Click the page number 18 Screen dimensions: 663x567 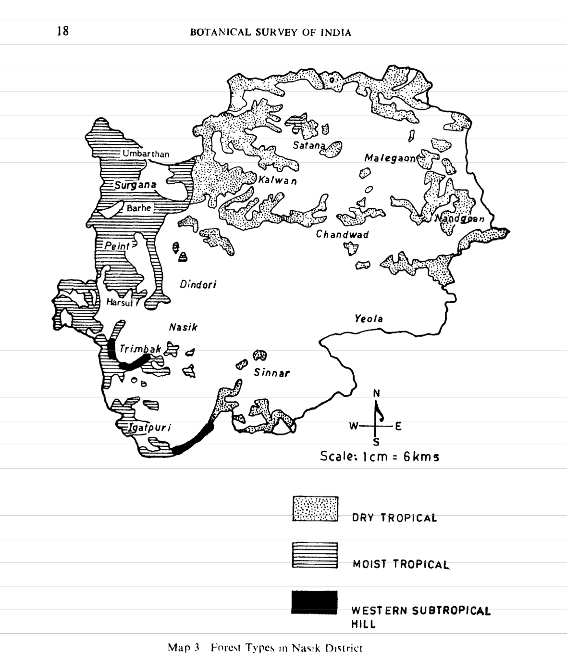click(63, 32)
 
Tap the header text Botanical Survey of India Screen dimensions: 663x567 click(271, 33)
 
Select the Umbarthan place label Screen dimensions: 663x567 click(146, 154)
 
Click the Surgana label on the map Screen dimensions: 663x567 click(135, 185)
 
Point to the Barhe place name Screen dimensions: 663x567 click(139, 208)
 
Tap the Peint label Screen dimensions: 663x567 click(117, 246)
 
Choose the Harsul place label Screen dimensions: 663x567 click(119, 303)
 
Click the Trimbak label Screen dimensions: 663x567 click(140, 349)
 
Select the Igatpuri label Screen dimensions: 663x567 click(149, 428)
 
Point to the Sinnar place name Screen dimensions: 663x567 click(271, 373)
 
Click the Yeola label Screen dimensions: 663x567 click(369, 319)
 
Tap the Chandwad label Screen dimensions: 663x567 click(342, 235)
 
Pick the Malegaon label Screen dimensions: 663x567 click(390, 158)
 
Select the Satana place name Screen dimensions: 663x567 click(309, 145)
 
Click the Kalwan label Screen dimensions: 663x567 click(277, 181)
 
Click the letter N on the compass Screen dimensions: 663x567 click(376, 394)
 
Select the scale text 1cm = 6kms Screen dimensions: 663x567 click(380, 456)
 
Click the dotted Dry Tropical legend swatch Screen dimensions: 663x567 click(315, 509)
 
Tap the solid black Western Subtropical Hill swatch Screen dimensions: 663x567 click(314, 602)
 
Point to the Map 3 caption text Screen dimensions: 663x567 click(265, 648)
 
